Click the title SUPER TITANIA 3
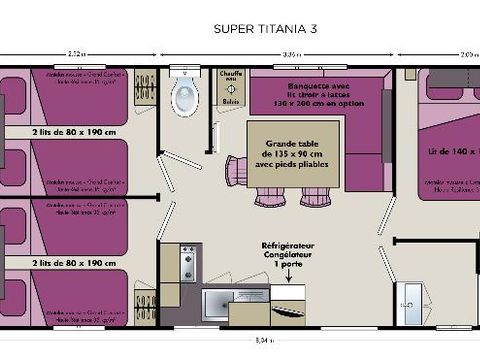point(265,30)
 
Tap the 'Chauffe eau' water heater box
point(231,79)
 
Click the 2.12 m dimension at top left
point(76,53)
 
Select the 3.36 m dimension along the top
point(293,53)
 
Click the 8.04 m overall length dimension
point(263,340)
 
